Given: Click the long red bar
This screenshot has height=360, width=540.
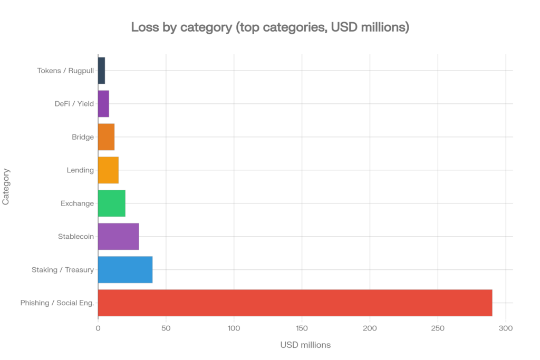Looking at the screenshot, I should (295, 303).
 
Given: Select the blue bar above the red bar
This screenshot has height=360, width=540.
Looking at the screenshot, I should (125, 269).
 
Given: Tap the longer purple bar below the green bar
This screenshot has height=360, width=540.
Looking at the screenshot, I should (118, 236).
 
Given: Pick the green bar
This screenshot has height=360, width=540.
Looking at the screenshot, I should (111, 203).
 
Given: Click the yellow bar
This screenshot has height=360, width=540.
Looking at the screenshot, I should (108, 170).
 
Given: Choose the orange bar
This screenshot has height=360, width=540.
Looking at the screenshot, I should (106, 137).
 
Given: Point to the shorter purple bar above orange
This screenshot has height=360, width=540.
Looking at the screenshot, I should (103, 103).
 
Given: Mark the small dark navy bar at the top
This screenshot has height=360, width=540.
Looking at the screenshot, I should (101, 70).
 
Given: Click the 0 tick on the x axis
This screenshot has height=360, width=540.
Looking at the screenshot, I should (98, 328).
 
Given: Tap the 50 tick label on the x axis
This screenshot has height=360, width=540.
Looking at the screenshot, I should (166, 328).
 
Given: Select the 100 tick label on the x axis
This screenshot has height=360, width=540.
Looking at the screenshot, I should (234, 328).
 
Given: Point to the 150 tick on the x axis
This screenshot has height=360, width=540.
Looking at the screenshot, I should (302, 328).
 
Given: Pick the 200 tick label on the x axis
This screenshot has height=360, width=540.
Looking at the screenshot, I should (370, 328).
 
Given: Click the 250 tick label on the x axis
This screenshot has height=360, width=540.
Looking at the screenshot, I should (438, 328).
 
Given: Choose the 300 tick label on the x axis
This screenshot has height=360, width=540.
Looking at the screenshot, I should (506, 328).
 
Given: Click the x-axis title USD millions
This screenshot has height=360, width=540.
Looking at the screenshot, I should (305, 345).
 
